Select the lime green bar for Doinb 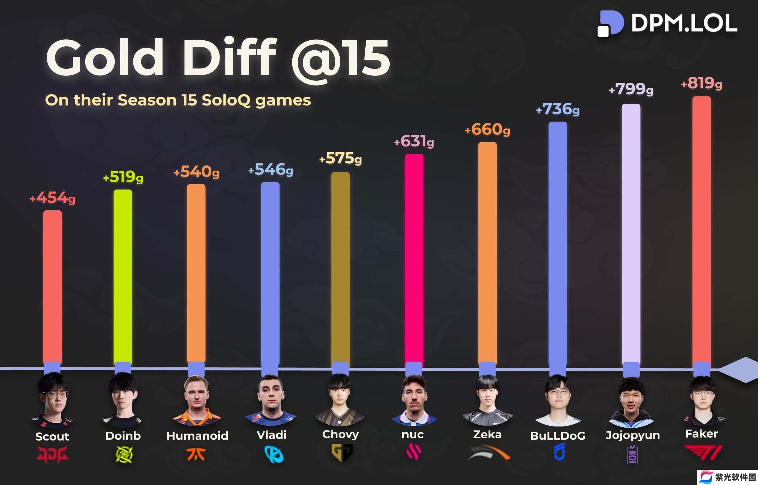click(x=123, y=277)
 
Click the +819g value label click(x=701, y=83)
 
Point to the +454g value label click(x=52, y=198)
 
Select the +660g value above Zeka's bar click(x=487, y=129)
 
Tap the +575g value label click(x=340, y=158)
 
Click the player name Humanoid click(x=197, y=436)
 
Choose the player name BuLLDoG click(x=558, y=436)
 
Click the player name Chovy click(x=340, y=434)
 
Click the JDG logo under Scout click(x=52, y=454)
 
